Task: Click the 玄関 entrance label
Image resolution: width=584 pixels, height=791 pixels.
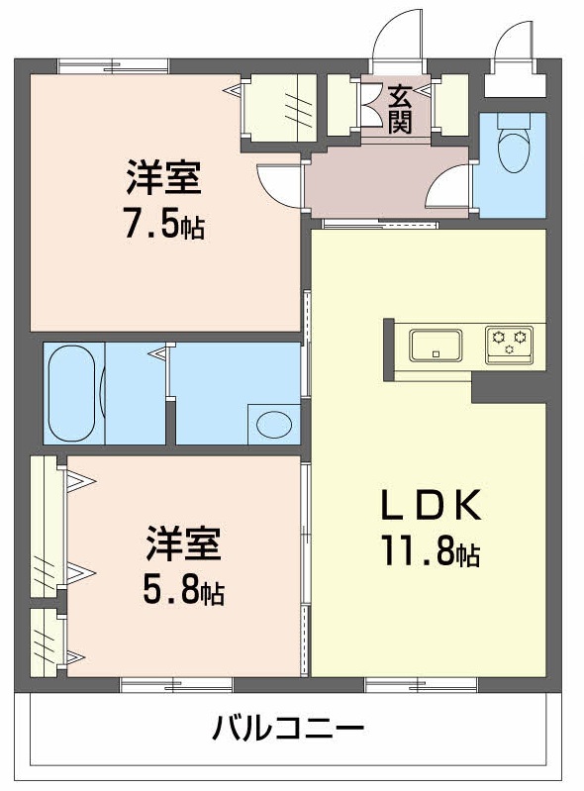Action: click(399, 109)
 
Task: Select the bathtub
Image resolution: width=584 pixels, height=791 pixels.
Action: click(71, 393)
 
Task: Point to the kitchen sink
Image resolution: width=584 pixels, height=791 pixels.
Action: click(435, 346)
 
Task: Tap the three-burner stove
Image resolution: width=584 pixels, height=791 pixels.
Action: click(509, 343)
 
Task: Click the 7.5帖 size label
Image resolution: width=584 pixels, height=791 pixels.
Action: click(164, 226)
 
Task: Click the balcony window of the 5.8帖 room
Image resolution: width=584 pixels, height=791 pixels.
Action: click(176, 684)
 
